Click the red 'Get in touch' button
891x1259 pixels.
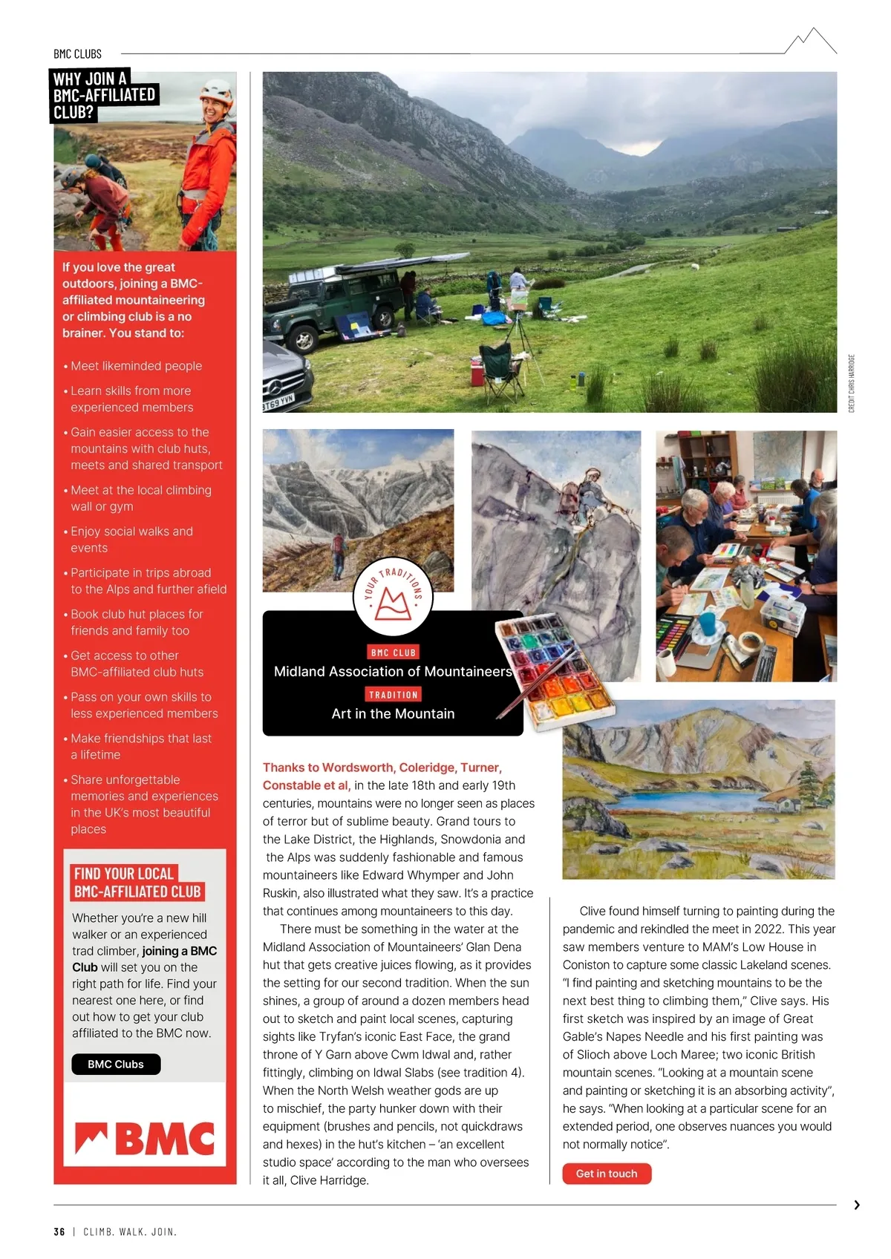click(x=607, y=1174)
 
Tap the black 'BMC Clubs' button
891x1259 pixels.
click(x=116, y=1064)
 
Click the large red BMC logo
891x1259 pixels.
click(x=145, y=1139)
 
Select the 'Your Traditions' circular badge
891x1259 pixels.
click(x=394, y=595)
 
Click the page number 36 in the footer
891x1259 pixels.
click(x=59, y=1232)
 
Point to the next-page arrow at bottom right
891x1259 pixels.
click(x=857, y=1205)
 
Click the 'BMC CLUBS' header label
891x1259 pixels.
click(x=77, y=54)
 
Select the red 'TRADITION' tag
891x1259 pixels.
click(x=394, y=695)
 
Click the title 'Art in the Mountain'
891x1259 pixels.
click(x=393, y=713)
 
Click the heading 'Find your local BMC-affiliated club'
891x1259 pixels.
click(x=137, y=883)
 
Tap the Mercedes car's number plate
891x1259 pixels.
click(x=278, y=402)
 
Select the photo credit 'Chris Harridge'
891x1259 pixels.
click(x=852, y=383)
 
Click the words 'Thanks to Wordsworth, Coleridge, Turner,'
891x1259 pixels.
click(x=382, y=768)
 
